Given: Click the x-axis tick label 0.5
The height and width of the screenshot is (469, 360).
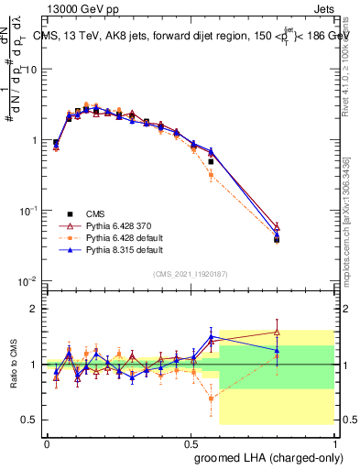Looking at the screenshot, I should click(x=191, y=442).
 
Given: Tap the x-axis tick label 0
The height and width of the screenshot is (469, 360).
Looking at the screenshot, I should click(x=47, y=442).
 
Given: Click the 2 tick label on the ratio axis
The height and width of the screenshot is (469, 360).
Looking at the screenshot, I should click(x=35, y=309).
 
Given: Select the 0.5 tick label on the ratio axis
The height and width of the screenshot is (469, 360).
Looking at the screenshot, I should click(x=30, y=420).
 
